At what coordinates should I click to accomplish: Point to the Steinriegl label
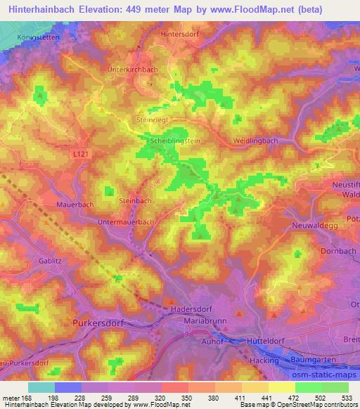tap(150, 120)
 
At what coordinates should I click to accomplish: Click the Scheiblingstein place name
tap(176, 141)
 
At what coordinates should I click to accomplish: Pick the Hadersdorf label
tap(191, 308)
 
